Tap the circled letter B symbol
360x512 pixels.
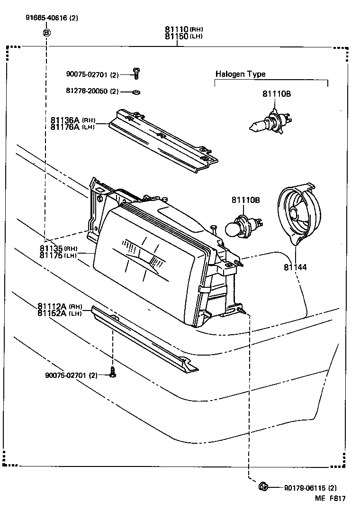46,33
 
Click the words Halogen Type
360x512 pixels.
240,74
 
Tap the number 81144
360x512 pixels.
295,267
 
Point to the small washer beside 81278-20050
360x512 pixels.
136,91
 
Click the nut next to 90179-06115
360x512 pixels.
264,486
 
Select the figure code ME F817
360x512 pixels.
330,499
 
